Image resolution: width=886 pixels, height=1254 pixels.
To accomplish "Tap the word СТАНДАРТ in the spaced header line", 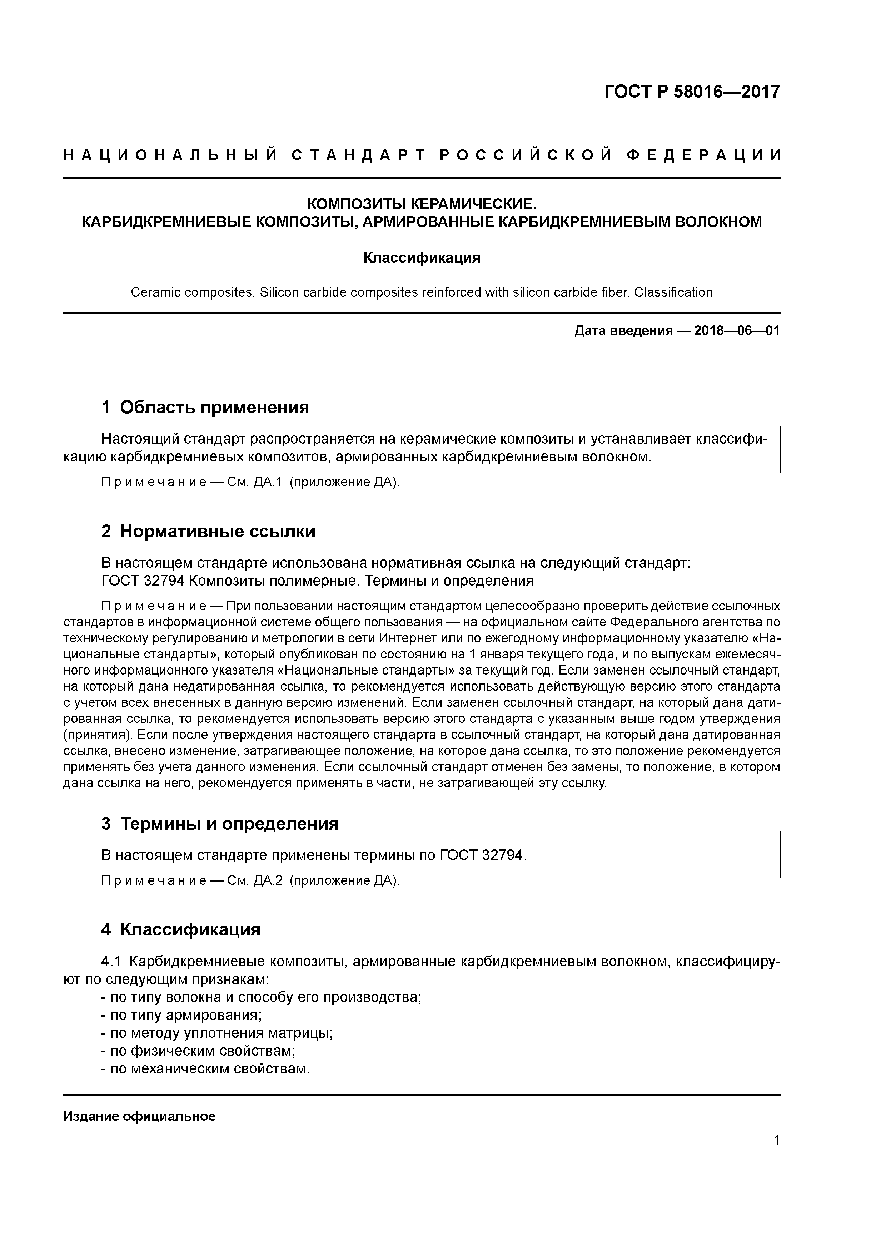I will pos(358,155).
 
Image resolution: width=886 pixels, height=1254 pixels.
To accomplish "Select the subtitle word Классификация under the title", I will pos(422,258).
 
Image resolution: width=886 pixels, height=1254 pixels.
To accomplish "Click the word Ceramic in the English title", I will pos(155,292).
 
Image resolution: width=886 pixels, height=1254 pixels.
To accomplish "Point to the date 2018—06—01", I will pos(737,330).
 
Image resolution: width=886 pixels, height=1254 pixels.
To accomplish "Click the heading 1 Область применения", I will pos(205,407).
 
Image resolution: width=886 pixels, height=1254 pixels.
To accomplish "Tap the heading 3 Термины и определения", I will pos(220,823).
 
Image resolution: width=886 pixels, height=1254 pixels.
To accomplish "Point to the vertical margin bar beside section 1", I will pos(780,449).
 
